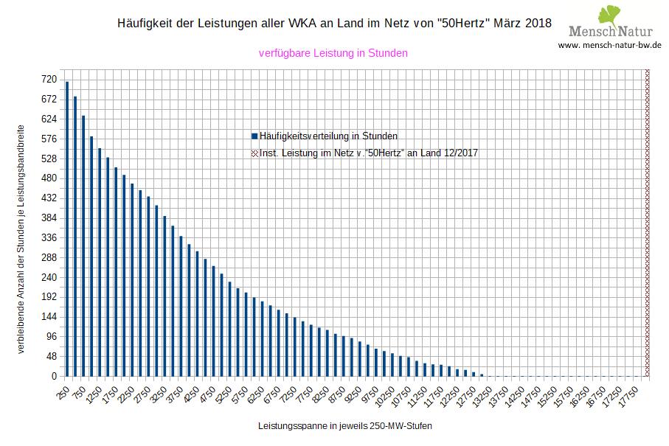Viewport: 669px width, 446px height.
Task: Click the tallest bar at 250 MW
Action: point(67,229)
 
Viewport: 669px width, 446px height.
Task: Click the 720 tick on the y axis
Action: point(49,79)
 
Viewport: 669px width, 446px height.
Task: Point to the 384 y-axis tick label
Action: point(49,218)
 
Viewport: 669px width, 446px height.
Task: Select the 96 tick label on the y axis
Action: point(52,337)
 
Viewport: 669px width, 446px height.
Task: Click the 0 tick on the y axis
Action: point(54,377)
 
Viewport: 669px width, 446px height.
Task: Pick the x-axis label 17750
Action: point(630,393)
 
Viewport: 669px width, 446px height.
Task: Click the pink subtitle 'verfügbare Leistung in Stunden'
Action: point(333,53)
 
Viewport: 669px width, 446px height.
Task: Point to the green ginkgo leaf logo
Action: point(611,15)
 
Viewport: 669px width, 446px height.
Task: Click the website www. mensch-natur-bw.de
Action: point(609,45)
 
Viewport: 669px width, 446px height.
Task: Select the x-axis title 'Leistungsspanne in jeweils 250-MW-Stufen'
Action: point(345,427)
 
